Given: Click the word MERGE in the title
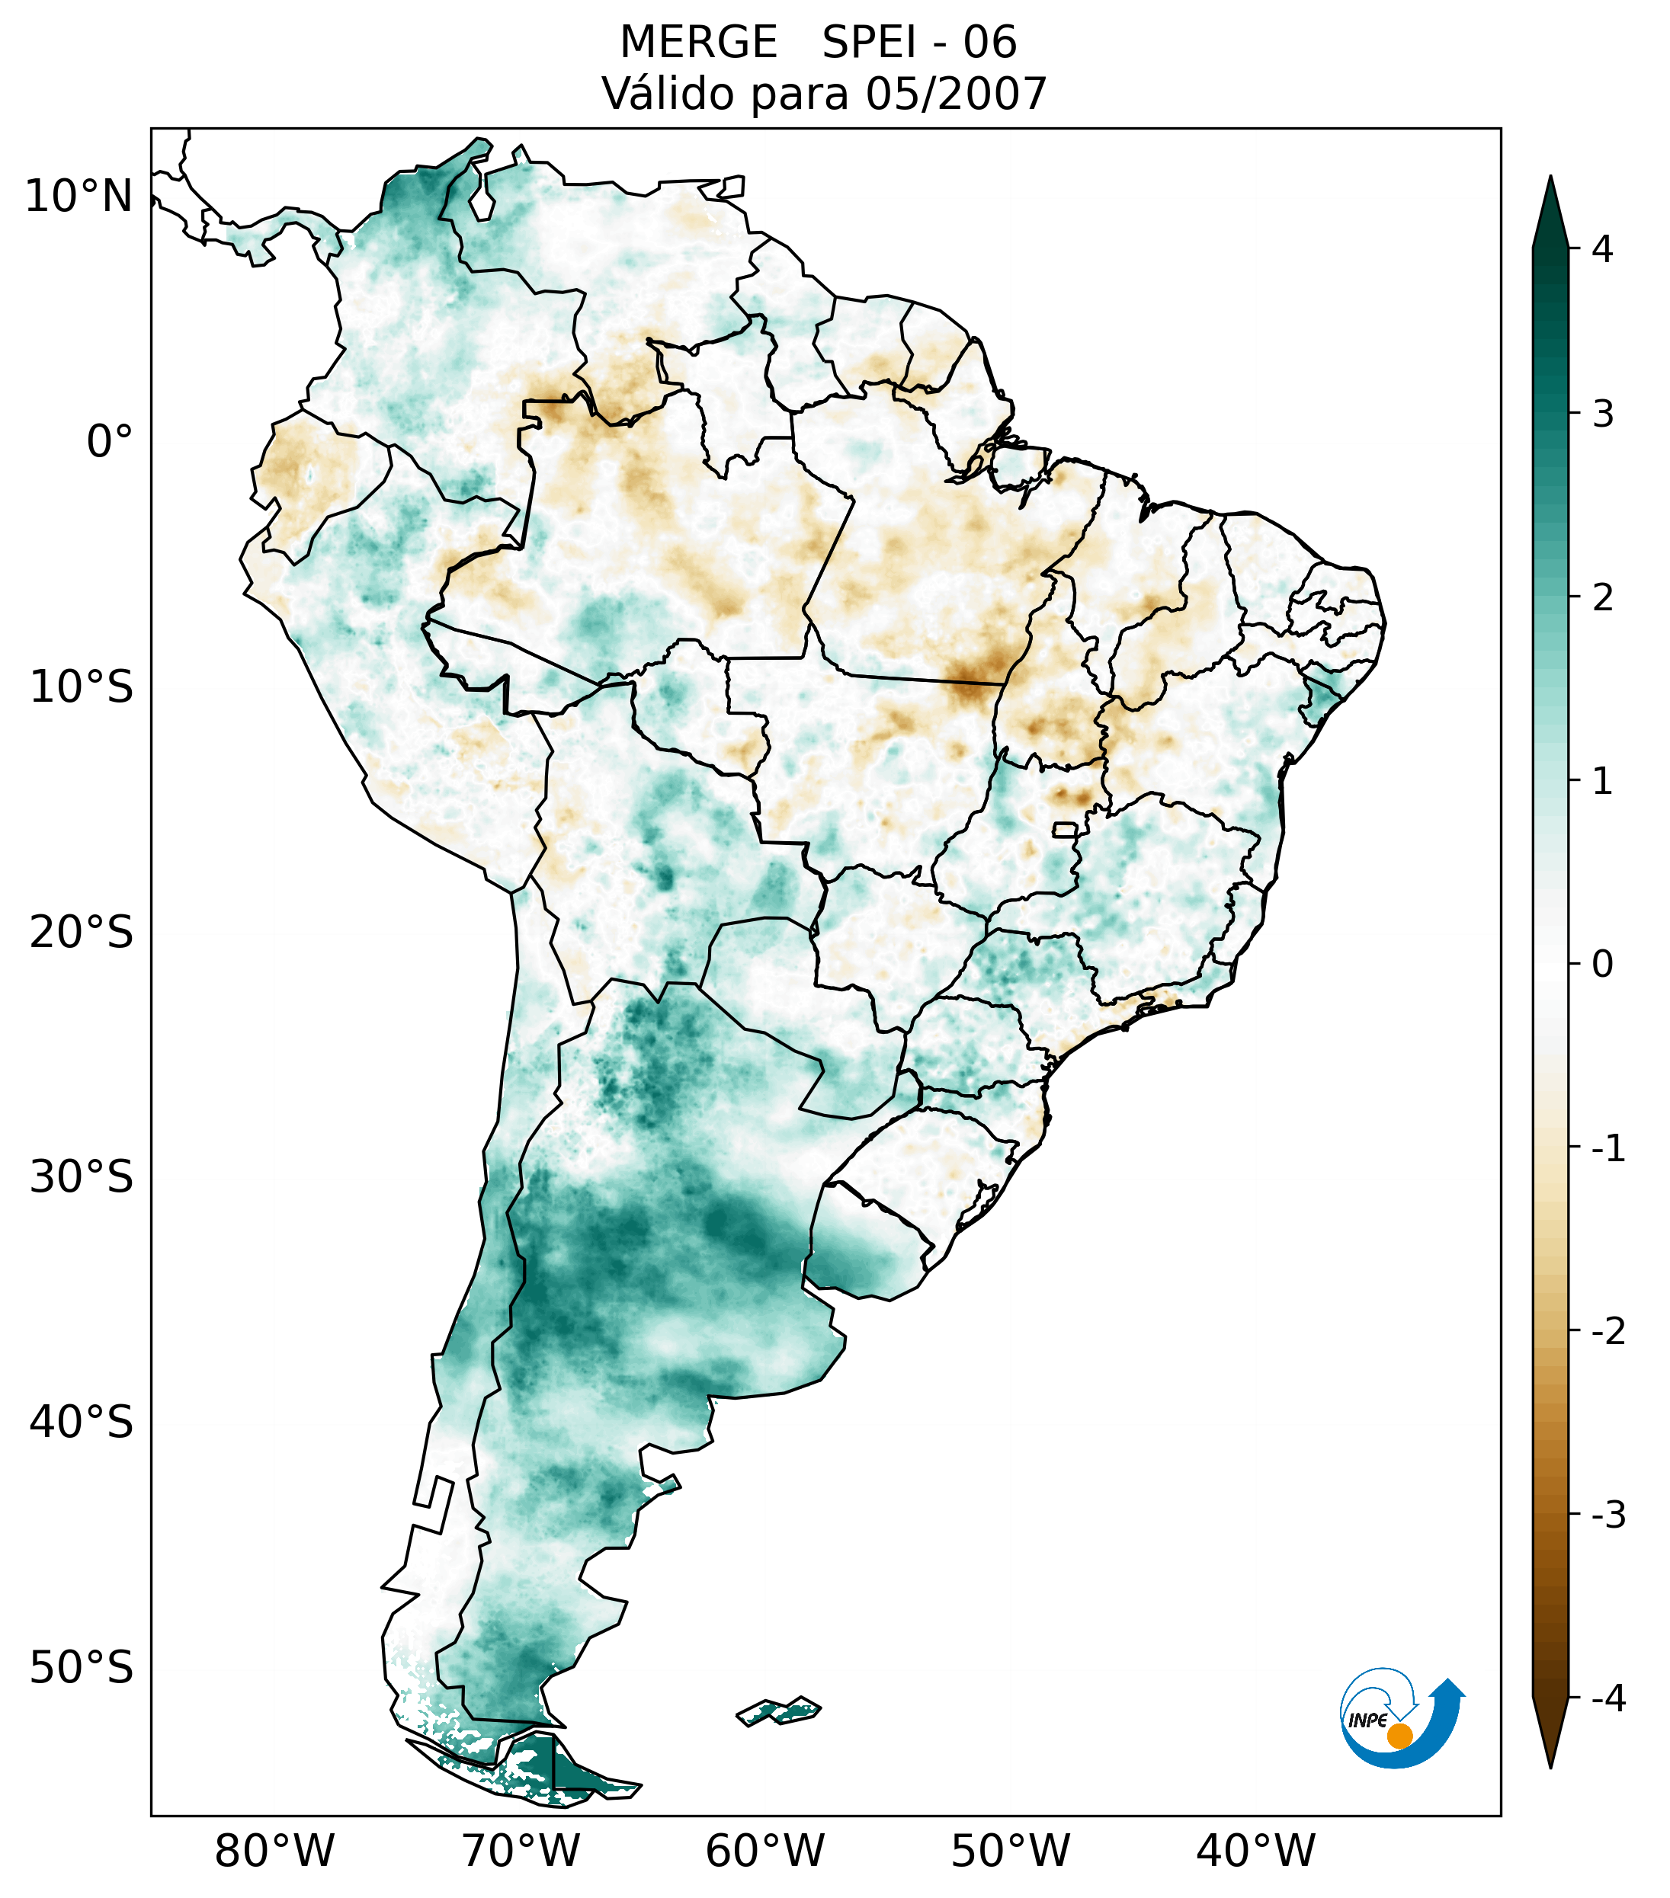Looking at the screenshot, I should (697, 43).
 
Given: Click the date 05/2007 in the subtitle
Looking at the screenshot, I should (956, 94).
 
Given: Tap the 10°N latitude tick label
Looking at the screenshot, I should (78, 197).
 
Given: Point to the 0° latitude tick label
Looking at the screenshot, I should (109, 442).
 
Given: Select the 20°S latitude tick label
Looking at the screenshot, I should (81, 933).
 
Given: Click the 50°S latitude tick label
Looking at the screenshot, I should (81, 1668).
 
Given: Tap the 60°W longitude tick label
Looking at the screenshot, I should (764, 1851).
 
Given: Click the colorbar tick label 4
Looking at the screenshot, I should (1602, 249).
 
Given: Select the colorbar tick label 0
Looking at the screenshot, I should (1602, 965).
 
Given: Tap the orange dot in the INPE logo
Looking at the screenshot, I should (1399, 1736).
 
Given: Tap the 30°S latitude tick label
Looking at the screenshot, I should (81, 1177).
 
